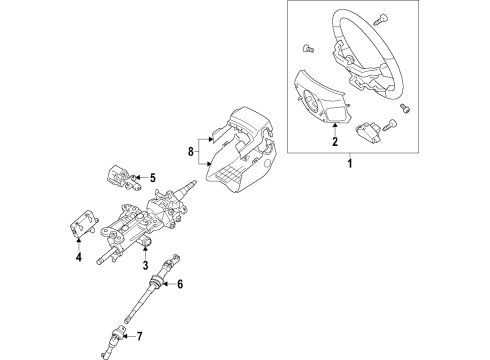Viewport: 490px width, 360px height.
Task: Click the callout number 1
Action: (x=350, y=164)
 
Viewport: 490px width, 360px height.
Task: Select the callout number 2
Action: (x=335, y=141)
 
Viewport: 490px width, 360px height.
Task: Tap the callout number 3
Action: (x=145, y=265)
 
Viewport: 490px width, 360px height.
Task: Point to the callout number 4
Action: (x=79, y=257)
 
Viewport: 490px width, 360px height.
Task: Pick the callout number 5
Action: (x=153, y=178)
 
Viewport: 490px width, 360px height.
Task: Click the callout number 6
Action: (x=180, y=284)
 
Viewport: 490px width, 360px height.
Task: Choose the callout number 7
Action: (x=140, y=336)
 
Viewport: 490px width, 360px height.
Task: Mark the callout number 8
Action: (x=190, y=152)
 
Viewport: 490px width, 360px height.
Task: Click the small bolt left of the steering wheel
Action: (x=308, y=49)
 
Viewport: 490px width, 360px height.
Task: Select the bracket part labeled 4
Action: (x=83, y=224)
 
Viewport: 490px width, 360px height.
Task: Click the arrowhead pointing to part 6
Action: (x=163, y=284)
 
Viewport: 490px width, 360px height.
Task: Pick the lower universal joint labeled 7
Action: (x=115, y=342)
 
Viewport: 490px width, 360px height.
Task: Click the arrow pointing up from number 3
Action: (x=145, y=251)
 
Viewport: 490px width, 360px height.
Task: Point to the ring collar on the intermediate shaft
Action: (x=156, y=282)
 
